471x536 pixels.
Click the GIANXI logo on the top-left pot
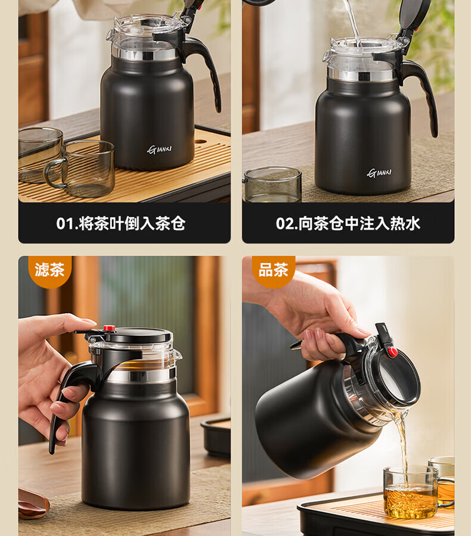[160, 149]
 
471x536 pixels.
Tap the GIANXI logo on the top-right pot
[379, 173]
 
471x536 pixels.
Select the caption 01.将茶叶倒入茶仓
[121, 223]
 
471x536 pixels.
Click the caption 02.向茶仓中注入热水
[348, 223]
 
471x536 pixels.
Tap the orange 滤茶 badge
[49, 270]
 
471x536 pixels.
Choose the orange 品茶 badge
[273, 270]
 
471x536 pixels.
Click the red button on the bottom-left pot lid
[109, 328]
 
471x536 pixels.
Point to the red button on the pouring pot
[393, 352]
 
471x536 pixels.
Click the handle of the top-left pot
[204, 68]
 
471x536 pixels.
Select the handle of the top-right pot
[422, 96]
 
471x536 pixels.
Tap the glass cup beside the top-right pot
[273, 185]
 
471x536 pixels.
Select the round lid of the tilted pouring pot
[399, 376]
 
